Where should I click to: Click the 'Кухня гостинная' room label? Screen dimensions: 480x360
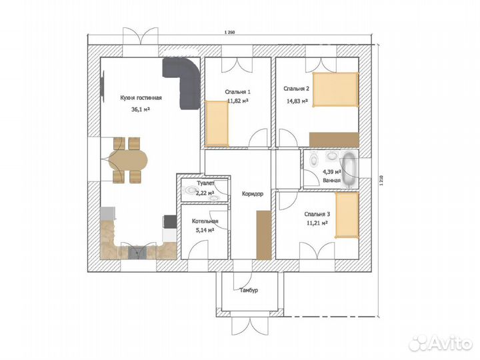click(x=141, y=98)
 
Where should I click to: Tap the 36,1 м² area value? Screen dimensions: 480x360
click(x=141, y=109)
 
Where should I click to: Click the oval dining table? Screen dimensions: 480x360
click(x=128, y=160)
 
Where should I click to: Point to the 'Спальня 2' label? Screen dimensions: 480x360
click(x=296, y=89)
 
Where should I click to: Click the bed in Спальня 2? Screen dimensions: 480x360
click(x=335, y=90)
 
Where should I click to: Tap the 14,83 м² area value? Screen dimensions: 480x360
click(x=297, y=101)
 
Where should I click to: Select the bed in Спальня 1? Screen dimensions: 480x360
click(x=217, y=123)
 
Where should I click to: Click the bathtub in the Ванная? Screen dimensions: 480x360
click(x=349, y=169)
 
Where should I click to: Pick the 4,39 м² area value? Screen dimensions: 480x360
click(x=332, y=172)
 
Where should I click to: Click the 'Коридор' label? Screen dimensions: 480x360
click(x=253, y=194)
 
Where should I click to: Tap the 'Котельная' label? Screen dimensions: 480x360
click(x=205, y=221)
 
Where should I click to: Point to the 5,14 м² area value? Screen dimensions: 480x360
click(x=205, y=230)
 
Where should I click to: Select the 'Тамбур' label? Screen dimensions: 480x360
click(x=249, y=290)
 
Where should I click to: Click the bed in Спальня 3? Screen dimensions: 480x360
click(x=347, y=215)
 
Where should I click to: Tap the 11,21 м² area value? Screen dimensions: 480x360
click(x=317, y=223)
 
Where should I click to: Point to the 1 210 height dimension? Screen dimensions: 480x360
click(x=381, y=181)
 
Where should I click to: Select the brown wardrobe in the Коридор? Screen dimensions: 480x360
click(x=264, y=235)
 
